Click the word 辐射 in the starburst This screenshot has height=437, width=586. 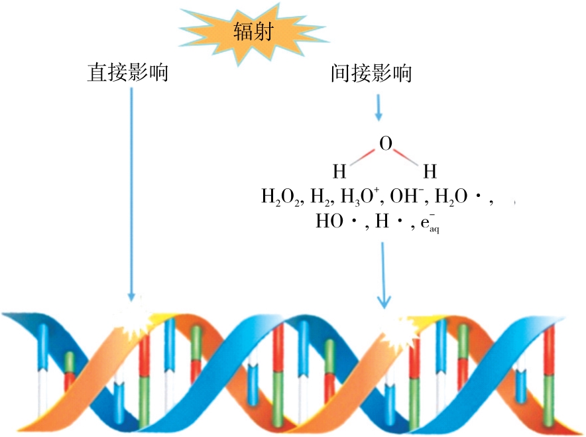(x=253, y=31)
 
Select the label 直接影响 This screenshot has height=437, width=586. (x=127, y=72)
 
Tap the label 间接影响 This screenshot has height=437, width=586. (x=371, y=72)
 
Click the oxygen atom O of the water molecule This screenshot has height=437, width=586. (x=385, y=143)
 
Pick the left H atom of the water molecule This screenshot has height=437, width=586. (x=339, y=172)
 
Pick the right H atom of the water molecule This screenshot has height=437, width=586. (x=430, y=172)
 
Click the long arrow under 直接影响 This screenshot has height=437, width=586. (x=131, y=192)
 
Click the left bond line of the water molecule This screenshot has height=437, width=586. (x=362, y=156)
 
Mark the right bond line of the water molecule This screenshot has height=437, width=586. (x=408, y=156)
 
